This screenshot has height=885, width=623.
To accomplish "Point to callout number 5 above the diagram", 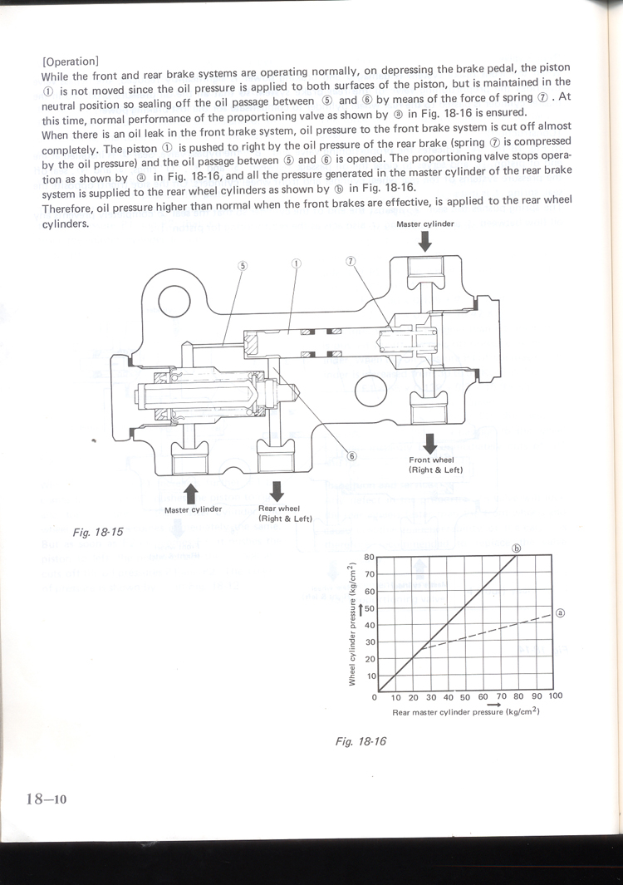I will tap(243, 266).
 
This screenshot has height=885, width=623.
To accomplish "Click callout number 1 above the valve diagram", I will tap(296, 263).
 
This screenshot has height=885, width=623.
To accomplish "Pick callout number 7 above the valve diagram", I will tap(351, 260).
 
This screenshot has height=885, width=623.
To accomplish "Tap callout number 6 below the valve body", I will tap(351, 455).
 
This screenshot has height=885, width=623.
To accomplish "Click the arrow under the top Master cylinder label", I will tap(425, 240).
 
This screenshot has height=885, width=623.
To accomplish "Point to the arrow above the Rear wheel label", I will tap(277, 491).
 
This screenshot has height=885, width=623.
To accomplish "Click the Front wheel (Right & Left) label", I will tap(434, 465).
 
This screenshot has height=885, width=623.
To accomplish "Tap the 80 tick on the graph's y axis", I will tap(370, 556).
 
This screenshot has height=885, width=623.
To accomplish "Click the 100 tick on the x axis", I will tap(555, 696).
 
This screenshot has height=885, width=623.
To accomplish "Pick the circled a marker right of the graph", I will tap(560, 614).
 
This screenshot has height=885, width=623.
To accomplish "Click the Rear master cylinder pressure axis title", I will tap(466, 711).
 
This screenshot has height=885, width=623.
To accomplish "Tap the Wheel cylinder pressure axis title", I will tap(352, 624).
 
